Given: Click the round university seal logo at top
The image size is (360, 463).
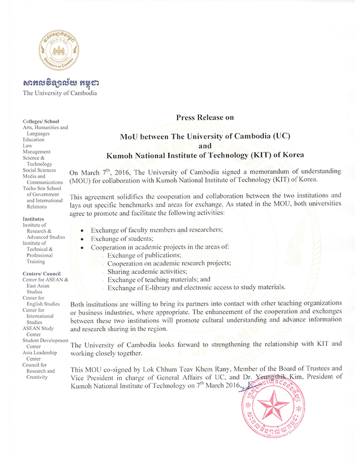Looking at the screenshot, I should pyautogui.click(x=60, y=50).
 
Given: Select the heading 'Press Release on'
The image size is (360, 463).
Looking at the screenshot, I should pyautogui.click(x=205, y=118).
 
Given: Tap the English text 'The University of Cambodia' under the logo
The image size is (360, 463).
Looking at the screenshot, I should pyautogui.click(x=60, y=93).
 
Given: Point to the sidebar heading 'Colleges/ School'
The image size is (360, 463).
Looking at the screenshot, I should pyautogui.click(x=41, y=121).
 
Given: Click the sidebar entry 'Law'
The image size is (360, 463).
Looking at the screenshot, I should pyautogui.click(x=28, y=146).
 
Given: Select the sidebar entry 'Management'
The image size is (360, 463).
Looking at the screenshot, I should pyautogui.click(x=37, y=152).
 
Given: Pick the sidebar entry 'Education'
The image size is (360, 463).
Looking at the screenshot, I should pyautogui.click(x=33, y=140).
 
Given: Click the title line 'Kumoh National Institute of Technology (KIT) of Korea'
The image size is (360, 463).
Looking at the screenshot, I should pyautogui.click(x=205, y=157).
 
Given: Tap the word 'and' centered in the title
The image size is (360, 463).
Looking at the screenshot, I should pyautogui.click(x=205, y=146).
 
